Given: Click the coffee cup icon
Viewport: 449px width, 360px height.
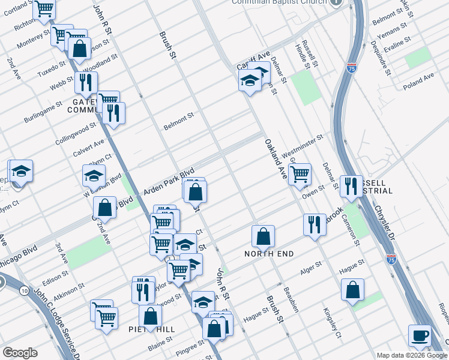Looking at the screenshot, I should (420, 335).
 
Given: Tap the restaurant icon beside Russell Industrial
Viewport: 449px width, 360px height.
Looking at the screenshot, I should (351, 186).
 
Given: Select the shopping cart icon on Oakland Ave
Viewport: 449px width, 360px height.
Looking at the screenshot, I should (299, 174).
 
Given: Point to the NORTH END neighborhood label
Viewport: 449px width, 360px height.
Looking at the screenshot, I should (269, 254).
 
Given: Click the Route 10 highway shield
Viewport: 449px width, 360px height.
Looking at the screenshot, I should (23, 291).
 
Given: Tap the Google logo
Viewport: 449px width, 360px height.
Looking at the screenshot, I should (20, 353).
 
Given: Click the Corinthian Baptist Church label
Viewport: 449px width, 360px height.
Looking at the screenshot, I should (280, 2).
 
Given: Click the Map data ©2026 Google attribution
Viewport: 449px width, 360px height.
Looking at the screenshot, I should (412, 355).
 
